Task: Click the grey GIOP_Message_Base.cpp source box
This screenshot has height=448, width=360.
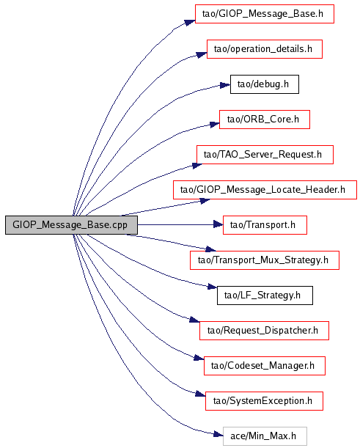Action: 71,225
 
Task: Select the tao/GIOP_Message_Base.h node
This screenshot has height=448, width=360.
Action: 265,14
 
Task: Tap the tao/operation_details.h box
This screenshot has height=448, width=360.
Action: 265,49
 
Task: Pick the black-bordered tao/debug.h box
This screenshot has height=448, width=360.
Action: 265,84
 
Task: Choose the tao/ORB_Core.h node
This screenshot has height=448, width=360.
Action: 265,120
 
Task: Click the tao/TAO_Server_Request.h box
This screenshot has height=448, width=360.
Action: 265,155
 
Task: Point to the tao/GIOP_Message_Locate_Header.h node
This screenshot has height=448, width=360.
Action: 265,190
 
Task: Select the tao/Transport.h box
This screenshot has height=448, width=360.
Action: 265,225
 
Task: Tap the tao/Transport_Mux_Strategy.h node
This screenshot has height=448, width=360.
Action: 265,260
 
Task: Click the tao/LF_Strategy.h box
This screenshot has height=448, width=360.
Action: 265,295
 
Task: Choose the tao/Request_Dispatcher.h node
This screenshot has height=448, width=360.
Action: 264,331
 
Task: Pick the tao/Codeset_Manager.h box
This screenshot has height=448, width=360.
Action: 265,366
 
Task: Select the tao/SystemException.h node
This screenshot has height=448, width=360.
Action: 264,401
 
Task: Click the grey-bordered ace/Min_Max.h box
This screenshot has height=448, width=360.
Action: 265,436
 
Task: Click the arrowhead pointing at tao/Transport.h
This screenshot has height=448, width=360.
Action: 218,225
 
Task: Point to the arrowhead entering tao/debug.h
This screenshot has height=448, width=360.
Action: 225,85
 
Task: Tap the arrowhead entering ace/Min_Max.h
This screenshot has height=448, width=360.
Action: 218,435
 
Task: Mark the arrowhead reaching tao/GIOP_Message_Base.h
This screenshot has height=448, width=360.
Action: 190,22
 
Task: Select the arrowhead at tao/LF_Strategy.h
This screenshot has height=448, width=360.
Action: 213,287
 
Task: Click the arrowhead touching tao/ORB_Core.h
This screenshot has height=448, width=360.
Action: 215,125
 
